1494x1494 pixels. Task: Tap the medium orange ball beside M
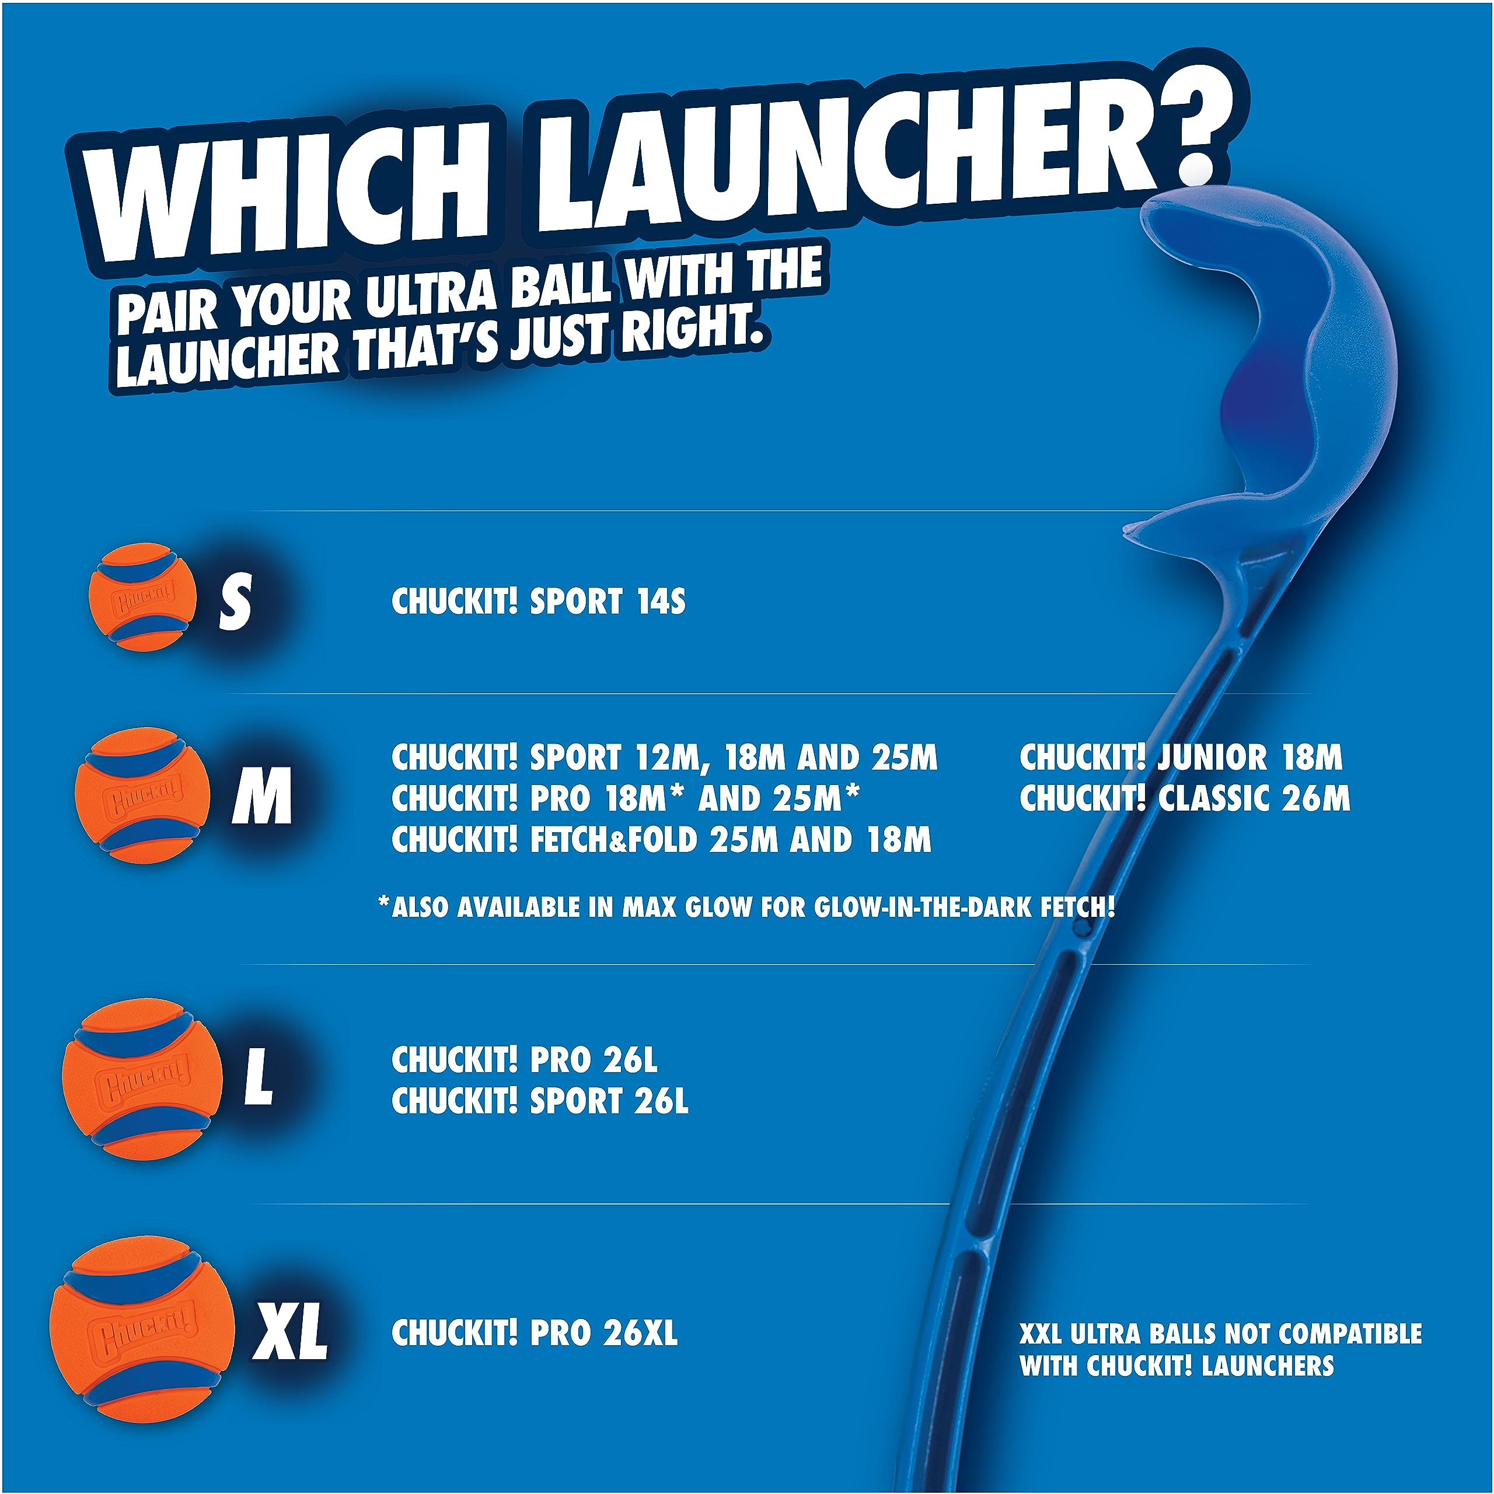click(143, 795)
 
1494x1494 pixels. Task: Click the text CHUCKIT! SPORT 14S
click(538, 602)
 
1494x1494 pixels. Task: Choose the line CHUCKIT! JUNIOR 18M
click(1181, 758)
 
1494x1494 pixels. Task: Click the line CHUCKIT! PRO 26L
click(524, 1060)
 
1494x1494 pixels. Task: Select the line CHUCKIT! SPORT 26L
click(540, 1101)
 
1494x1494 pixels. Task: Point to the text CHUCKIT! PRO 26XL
click(535, 1332)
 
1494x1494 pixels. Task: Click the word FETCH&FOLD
click(613, 840)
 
